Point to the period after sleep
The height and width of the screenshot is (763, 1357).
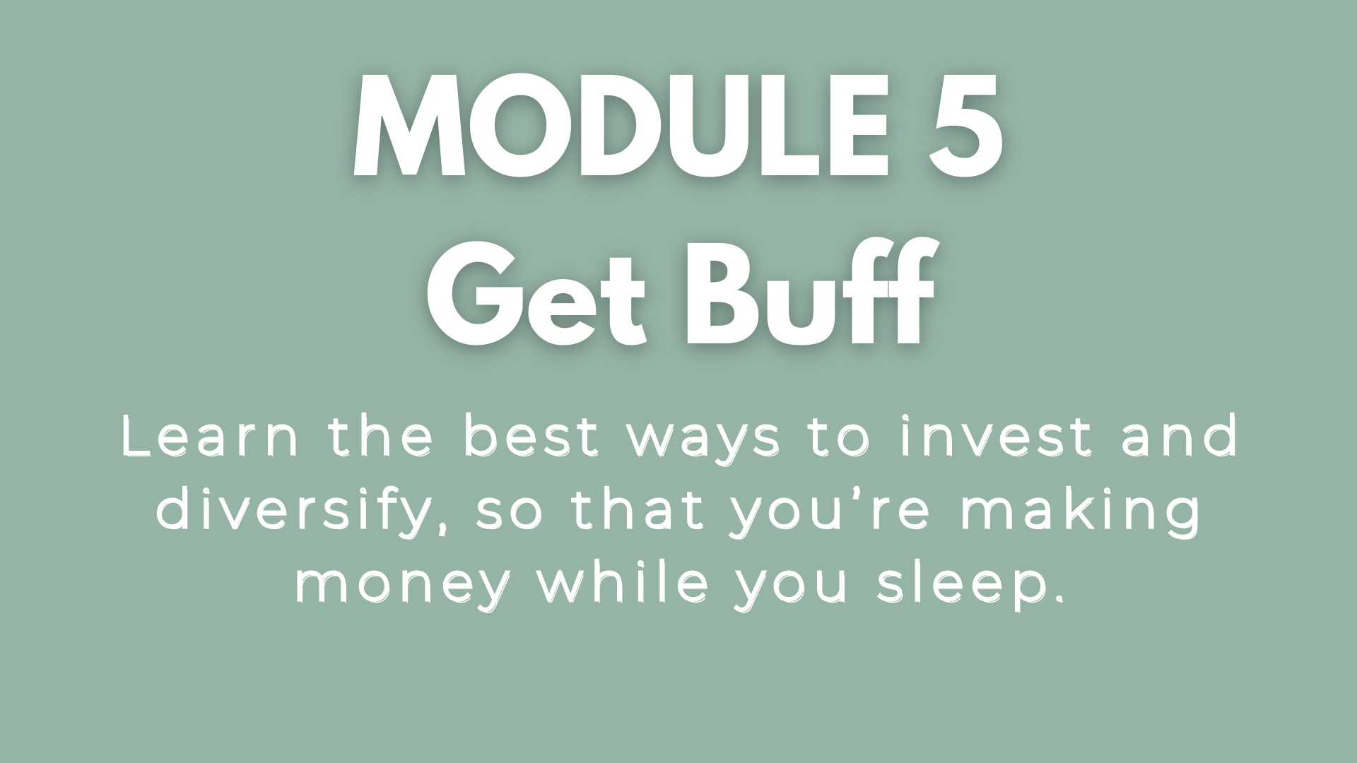(1057, 598)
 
